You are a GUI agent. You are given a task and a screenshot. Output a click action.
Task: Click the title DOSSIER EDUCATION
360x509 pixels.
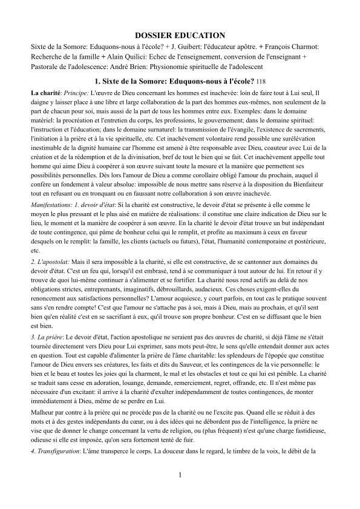pos(180,36)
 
